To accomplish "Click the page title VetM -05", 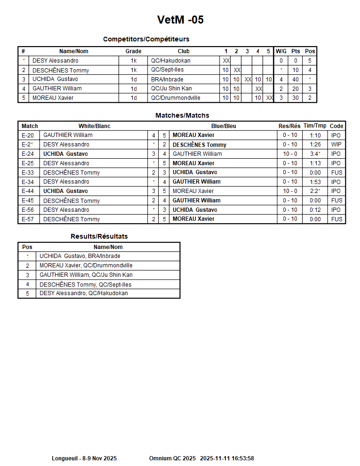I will click(x=180, y=20).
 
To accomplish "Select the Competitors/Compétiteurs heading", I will click(x=146, y=39).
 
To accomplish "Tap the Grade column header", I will click(x=133, y=51).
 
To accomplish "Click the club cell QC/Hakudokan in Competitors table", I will click(x=170, y=61).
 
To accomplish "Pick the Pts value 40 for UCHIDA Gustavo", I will click(x=296, y=80).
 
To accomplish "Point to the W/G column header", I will click(x=281, y=51).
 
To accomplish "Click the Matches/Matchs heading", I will click(x=182, y=115).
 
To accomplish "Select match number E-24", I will click(x=28, y=154).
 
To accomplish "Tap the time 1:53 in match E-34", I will click(x=315, y=182).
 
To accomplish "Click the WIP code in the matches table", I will click(x=336, y=145).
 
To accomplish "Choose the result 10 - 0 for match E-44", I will click(x=290, y=191).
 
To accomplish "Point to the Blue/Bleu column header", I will click(x=224, y=126).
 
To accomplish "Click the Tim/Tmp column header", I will click(x=315, y=126).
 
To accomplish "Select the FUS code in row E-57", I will click(x=336, y=219).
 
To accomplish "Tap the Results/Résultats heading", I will click(x=99, y=236).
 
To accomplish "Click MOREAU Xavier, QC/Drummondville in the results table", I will click(x=86, y=265).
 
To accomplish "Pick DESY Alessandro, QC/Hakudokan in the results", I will click(x=83, y=293).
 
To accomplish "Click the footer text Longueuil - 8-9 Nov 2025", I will click(x=84, y=458).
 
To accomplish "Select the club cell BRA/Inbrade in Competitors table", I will click(x=167, y=80).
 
